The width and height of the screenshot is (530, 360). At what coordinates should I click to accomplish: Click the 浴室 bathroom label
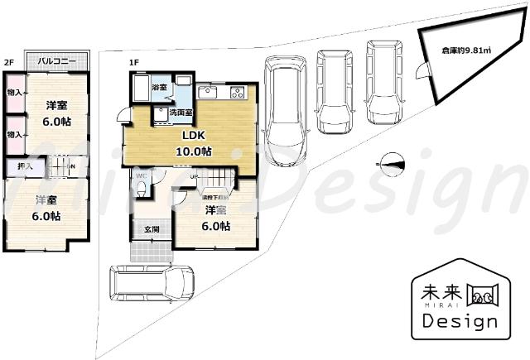(159, 86)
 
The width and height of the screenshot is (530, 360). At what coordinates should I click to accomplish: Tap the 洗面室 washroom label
(181, 112)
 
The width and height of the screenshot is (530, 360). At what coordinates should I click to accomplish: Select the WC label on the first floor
(141, 176)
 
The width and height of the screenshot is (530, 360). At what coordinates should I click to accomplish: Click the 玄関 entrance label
(152, 229)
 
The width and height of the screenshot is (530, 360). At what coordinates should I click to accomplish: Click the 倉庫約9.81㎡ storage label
(466, 50)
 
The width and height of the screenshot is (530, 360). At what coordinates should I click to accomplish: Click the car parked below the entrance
(151, 285)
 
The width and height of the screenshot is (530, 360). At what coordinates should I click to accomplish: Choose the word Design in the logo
(459, 320)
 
